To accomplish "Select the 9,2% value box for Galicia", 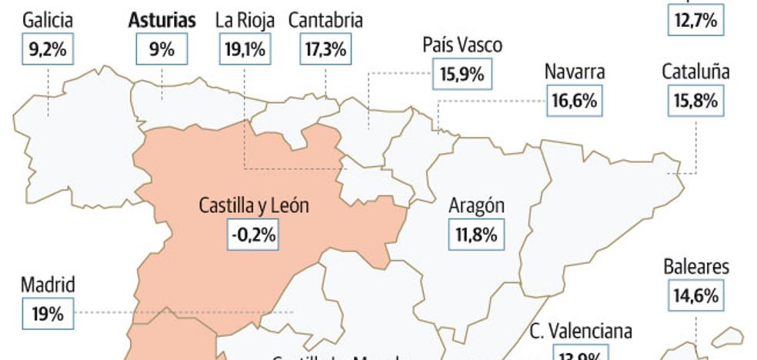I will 48,51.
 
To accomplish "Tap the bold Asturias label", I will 162,21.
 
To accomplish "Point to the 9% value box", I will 162,51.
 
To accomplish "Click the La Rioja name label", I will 244,21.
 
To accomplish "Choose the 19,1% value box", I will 244,51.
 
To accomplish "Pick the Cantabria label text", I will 325,21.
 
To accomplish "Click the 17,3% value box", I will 326,51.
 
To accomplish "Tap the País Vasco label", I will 462,45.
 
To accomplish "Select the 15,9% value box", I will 462,75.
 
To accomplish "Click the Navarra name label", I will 575,72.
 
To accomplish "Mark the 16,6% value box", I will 574,101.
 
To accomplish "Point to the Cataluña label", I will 695,72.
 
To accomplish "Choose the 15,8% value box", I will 695,101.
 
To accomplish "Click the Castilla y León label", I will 254,205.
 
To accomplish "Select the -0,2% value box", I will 253,235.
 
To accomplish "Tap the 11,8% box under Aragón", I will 477,235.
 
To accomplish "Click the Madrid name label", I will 48,285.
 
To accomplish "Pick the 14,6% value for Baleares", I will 696,295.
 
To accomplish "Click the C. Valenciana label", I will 581,332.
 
